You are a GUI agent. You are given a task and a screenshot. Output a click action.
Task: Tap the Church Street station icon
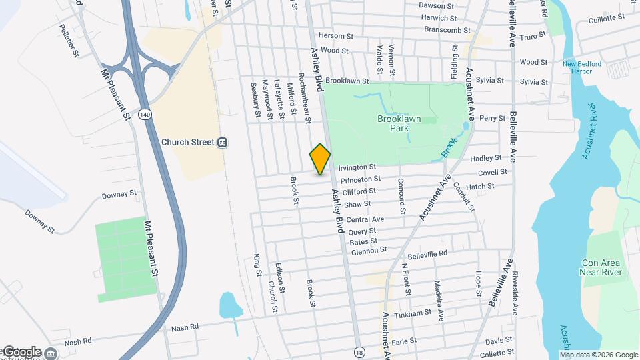pyautogui.click(x=223, y=142)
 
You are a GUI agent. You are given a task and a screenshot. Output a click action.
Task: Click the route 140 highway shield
pyautogui.click(x=144, y=115)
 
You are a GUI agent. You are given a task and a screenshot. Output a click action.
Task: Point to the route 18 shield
pyautogui.click(x=360, y=351)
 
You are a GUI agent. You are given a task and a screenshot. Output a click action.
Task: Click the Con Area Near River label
pyautogui.click(x=601, y=267)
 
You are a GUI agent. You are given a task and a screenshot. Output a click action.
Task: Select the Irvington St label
pyautogui.click(x=357, y=167)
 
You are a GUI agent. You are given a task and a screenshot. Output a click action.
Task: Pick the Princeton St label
pyautogui.click(x=360, y=179)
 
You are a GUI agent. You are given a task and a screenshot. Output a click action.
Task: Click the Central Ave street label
pyautogui.click(x=365, y=219)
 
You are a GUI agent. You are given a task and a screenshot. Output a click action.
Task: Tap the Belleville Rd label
pyautogui.click(x=427, y=255)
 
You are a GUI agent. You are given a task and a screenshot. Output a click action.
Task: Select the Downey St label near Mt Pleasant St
pyautogui.click(x=119, y=195)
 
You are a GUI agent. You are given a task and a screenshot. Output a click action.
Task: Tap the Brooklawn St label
pyautogui.click(x=347, y=80)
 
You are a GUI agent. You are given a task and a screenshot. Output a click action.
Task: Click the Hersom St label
pyautogui.click(x=335, y=36)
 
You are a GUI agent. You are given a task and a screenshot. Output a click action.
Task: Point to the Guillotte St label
pyautogui.click(x=606, y=20)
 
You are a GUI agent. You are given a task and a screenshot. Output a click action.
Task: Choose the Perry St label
pyautogui.click(x=493, y=118)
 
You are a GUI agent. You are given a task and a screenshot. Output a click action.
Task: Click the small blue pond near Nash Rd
pyautogui.click(x=230, y=305)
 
